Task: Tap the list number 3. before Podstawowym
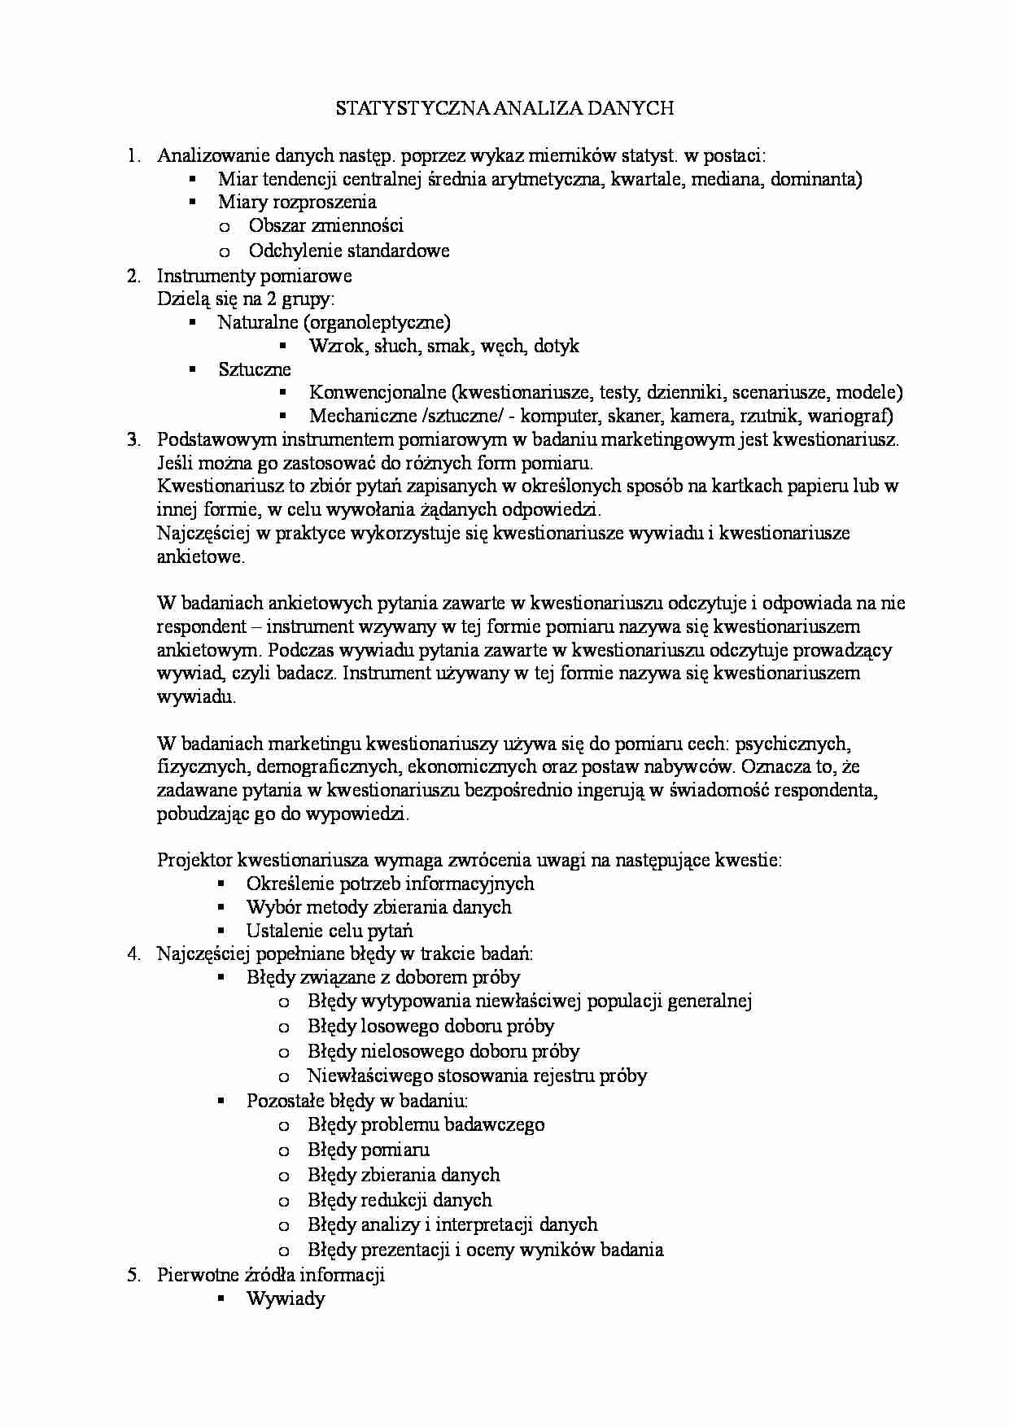(134, 439)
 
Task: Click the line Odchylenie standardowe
(349, 251)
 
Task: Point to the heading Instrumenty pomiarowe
(254, 275)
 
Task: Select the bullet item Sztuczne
(254, 369)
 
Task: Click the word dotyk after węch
(557, 346)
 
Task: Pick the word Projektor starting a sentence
(196, 859)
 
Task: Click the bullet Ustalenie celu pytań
(330, 930)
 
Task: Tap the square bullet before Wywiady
(221, 1298)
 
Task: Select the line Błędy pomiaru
(368, 1150)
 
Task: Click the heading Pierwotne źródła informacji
(270, 1274)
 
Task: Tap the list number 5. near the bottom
(134, 1274)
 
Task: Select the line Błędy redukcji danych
(400, 1199)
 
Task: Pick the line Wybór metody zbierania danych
(378, 906)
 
